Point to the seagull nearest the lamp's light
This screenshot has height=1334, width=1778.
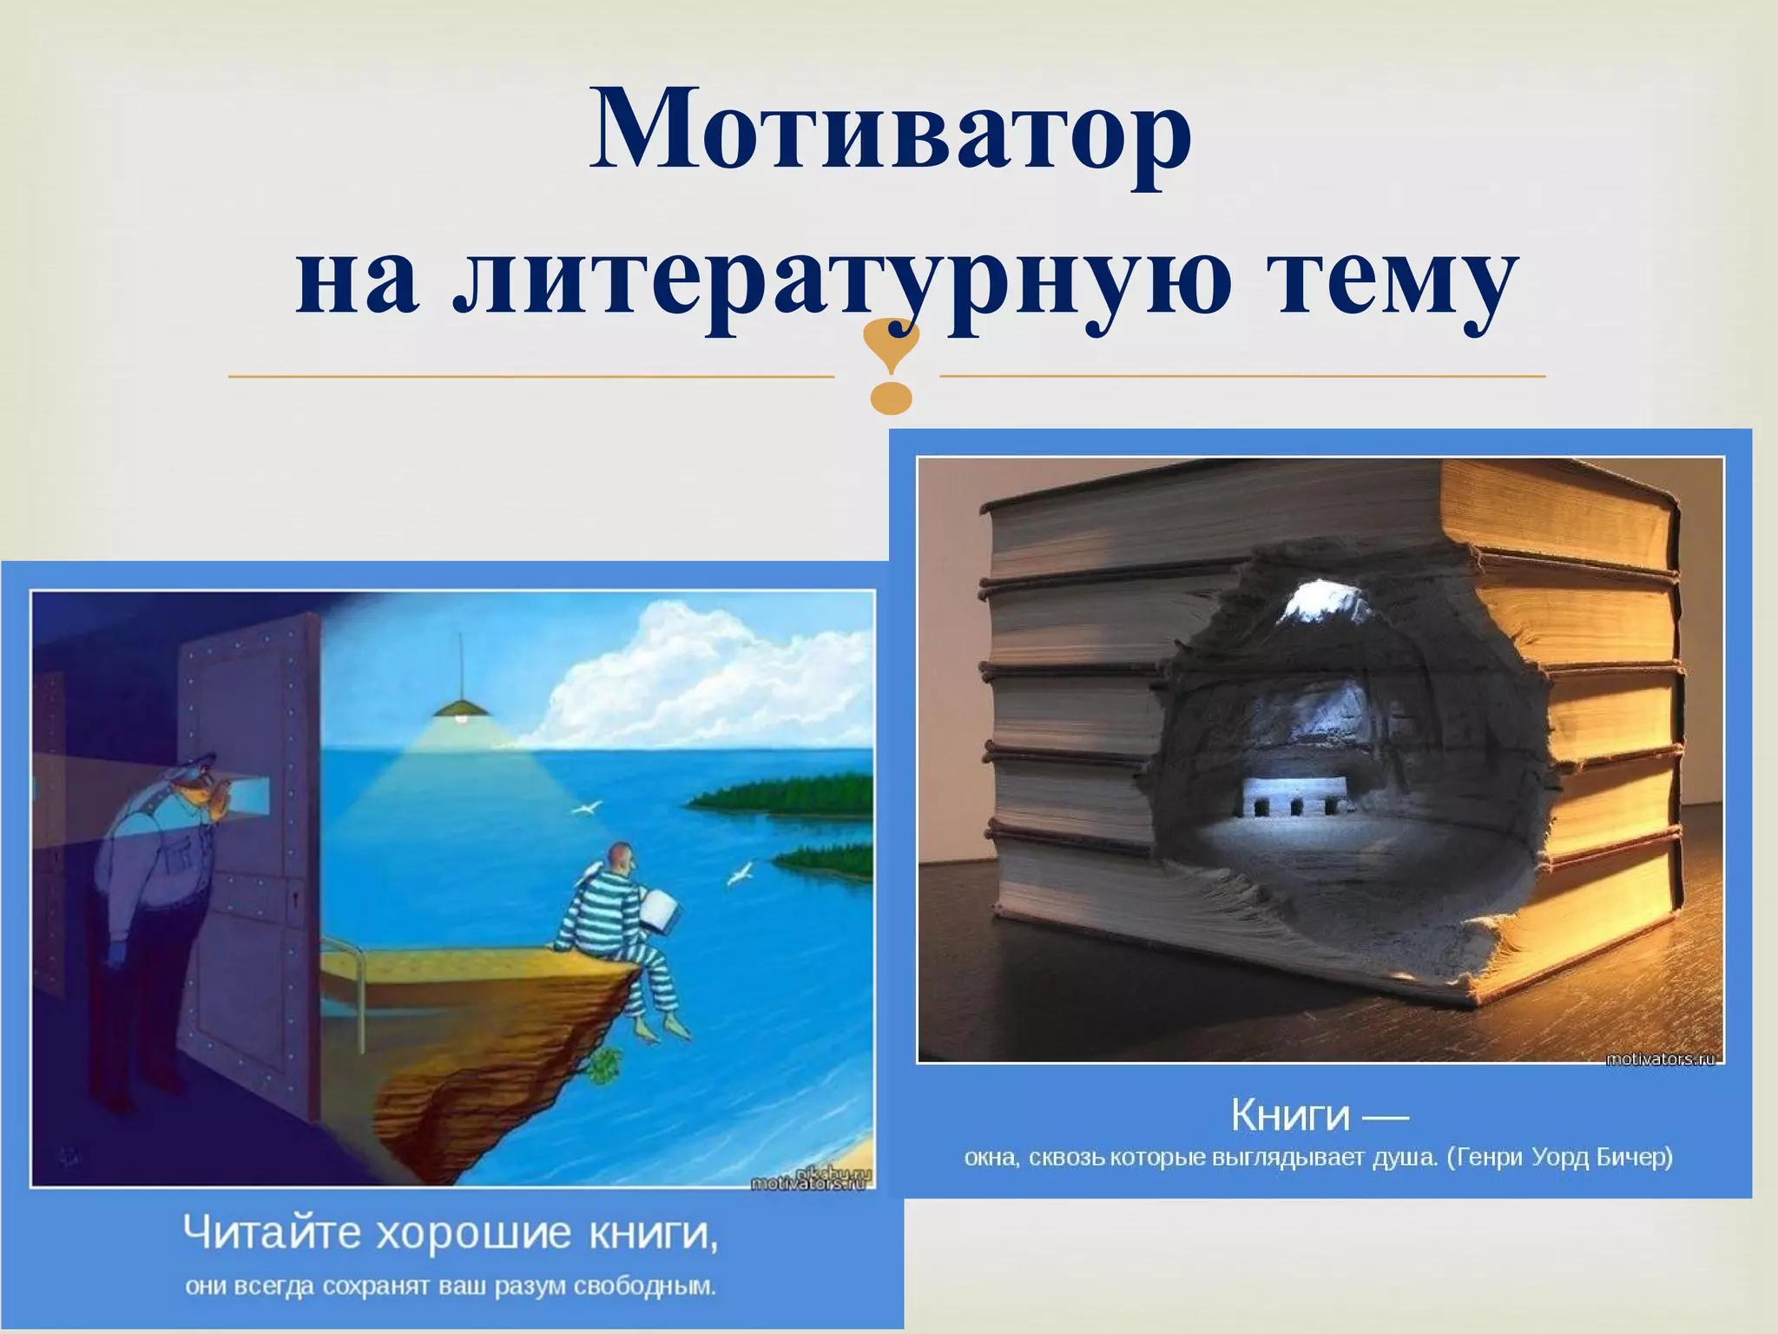click(x=585, y=808)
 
